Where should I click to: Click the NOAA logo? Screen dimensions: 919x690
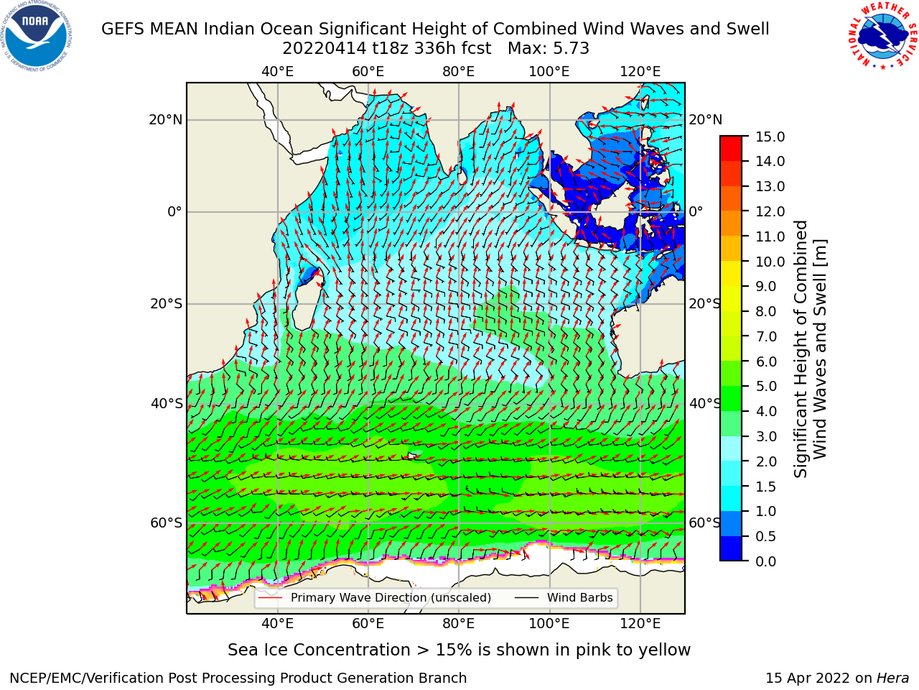tap(36, 36)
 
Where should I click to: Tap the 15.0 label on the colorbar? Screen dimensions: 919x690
tap(770, 137)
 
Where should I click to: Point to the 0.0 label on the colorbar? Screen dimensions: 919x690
tap(766, 561)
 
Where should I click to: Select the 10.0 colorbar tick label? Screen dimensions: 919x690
tap(770, 262)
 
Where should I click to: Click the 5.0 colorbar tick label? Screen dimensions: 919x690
tap(766, 386)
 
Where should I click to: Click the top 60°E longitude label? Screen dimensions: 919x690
tap(368, 72)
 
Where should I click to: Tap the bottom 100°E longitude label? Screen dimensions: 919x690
tap(549, 623)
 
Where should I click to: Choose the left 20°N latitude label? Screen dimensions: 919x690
tap(166, 120)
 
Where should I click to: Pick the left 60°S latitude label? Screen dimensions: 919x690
tap(167, 523)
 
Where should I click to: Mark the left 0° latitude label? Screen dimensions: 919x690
tap(174, 211)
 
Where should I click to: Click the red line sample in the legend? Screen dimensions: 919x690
tap(271, 598)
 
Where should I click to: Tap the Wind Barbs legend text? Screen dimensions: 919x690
tap(580, 597)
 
